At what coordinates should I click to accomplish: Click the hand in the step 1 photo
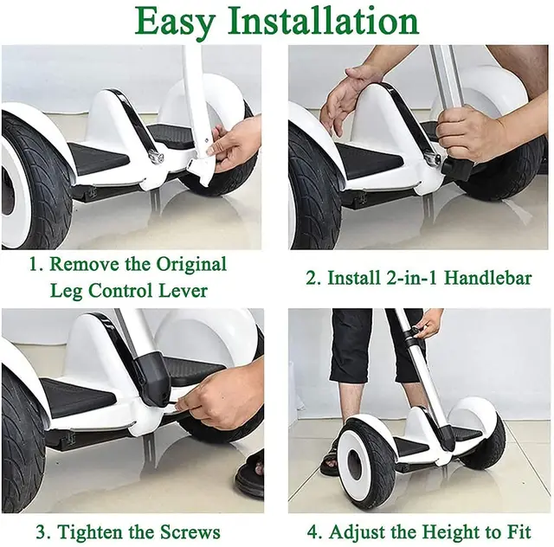pyautogui.click(x=234, y=142)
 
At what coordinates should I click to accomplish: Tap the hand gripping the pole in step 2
pyautogui.click(x=471, y=134)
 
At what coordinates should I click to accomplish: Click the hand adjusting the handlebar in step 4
pyautogui.click(x=428, y=325)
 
